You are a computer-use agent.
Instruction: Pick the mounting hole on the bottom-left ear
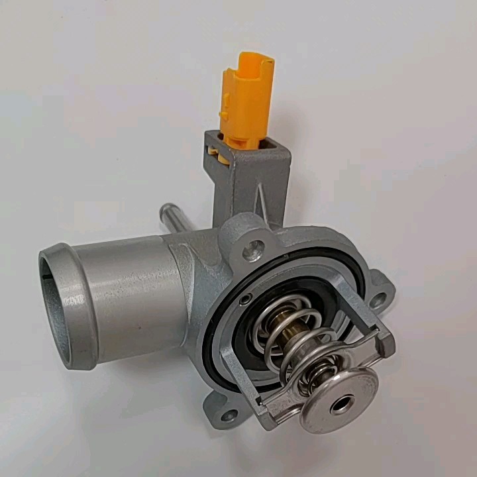pos(229,416)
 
